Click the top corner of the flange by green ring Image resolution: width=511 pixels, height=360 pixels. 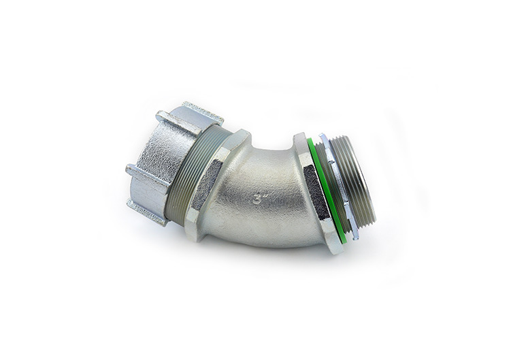tap(299, 137)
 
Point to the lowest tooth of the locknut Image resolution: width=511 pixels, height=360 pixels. tap(355, 231)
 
